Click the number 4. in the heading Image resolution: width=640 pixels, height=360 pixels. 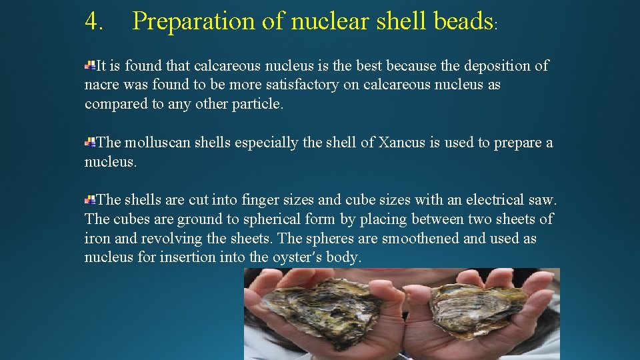94,21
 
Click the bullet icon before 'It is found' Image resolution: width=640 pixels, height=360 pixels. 89,65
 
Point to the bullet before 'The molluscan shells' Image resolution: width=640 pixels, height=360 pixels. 89,142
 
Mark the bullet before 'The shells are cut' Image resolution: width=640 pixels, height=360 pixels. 89,199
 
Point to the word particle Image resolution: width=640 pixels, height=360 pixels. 258,105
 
